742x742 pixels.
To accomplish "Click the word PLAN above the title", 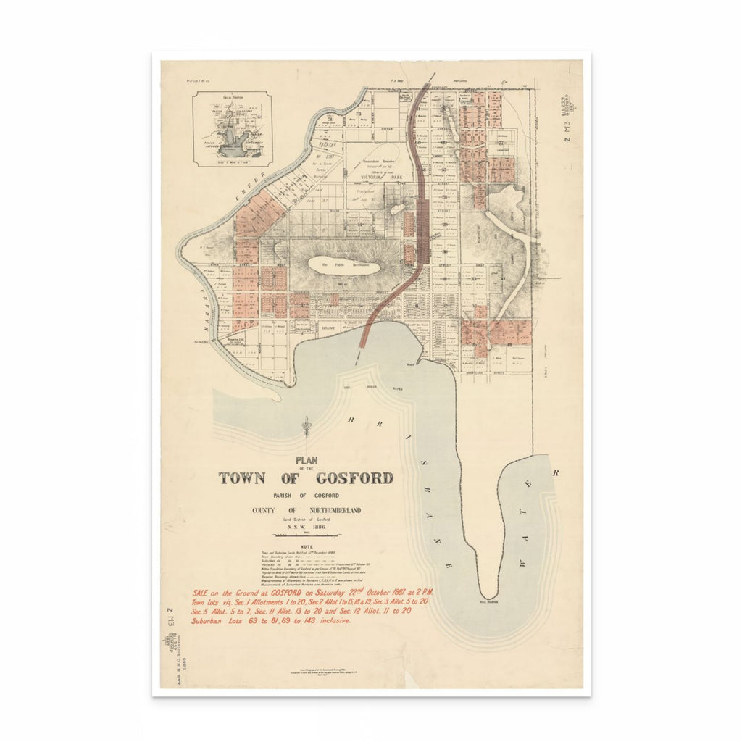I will pyautogui.click(x=307, y=459).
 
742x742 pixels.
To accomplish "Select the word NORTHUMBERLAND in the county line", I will pyautogui.click(x=327, y=510).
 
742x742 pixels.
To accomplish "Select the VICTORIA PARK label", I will pyautogui.click(x=387, y=175).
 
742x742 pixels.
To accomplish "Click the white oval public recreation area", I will pyautogui.click(x=345, y=265).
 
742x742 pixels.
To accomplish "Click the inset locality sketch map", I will pyautogui.click(x=232, y=129).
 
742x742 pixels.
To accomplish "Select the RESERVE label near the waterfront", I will pyautogui.click(x=330, y=328).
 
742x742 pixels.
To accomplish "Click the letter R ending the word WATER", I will pyautogui.click(x=556, y=472).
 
